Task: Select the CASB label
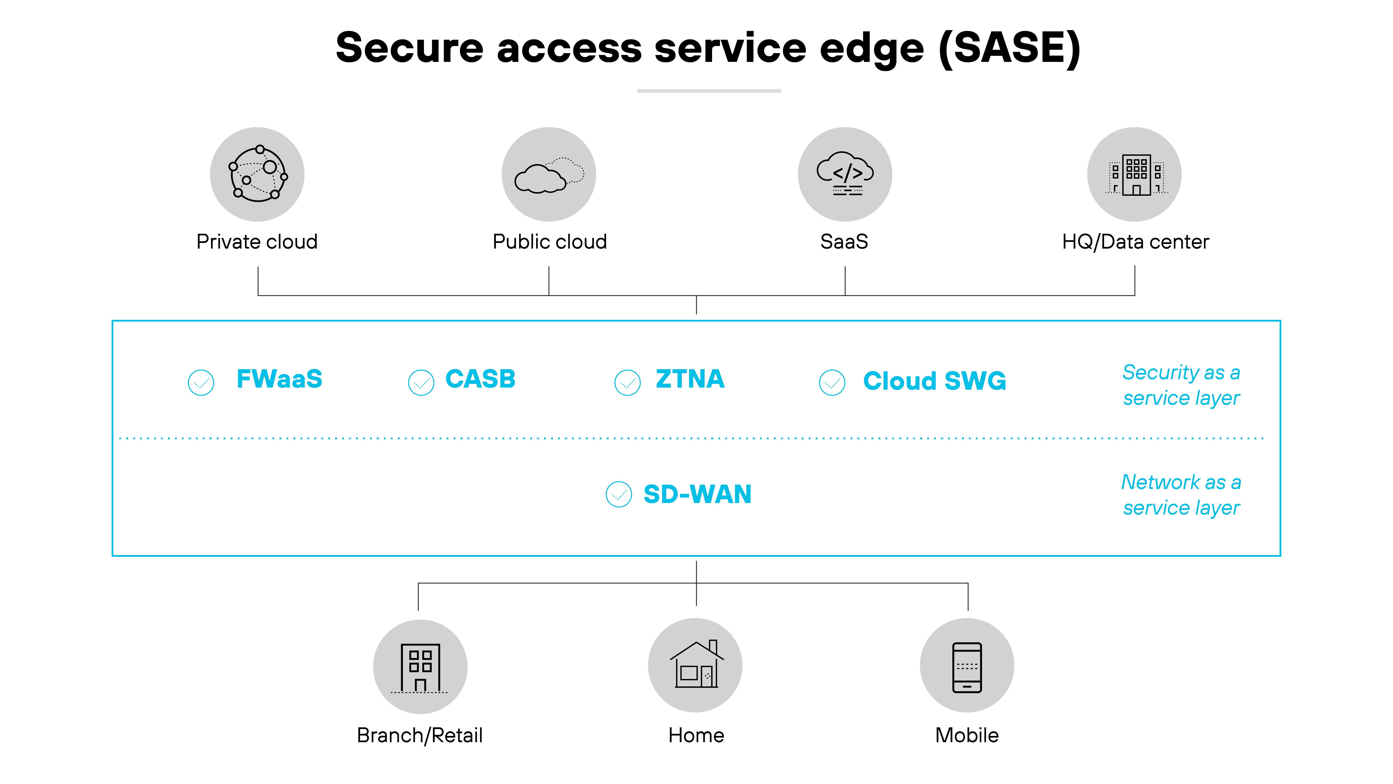480,379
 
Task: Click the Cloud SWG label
934,381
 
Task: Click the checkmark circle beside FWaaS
201,383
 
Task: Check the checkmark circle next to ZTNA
627,383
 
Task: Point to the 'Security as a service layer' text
1181,385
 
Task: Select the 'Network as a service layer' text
1181,494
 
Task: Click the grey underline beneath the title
708,91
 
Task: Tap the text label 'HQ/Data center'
1135,242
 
